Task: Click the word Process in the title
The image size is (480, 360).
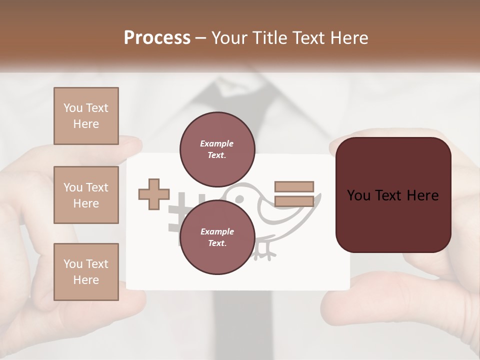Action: pyautogui.click(x=157, y=38)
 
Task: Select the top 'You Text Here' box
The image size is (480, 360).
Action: pyautogui.click(x=86, y=116)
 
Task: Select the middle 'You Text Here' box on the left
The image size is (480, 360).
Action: pyautogui.click(x=86, y=195)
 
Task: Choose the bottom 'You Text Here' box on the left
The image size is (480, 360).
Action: pyautogui.click(x=86, y=272)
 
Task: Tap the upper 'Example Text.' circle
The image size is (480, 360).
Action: pyautogui.click(x=217, y=149)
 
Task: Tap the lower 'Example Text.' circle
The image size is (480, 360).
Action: pyautogui.click(x=217, y=237)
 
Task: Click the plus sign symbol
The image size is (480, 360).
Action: pyautogui.click(x=154, y=194)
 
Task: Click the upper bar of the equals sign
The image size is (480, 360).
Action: pyautogui.click(x=294, y=187)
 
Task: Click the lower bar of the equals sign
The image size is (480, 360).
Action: pyautogui.click(x=294, y=201)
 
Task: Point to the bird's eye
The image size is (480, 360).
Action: pyautogui.click(x=239, y=198)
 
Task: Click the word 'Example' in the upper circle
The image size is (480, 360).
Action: pyautogui.click(x=217, y=143)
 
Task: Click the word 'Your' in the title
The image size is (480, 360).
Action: pyautogui.click(x=229, y=38)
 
